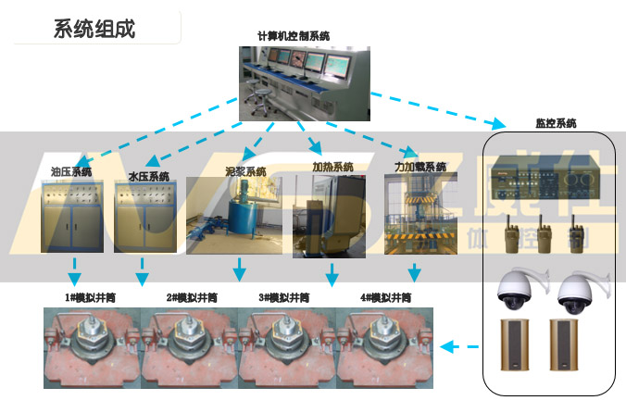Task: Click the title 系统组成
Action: [x=94, y=28]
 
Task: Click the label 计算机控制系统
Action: [x=294, y=36]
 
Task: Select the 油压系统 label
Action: [x=71, y=171]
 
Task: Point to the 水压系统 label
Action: [x=149, y=176]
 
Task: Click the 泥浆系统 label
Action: [x=245, y=171]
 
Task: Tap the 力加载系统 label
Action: [x=419, y=168]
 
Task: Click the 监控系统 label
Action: [x=556, y=123]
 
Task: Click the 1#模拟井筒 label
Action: [x=89, y=297]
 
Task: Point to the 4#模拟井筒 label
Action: [x=385, y=297]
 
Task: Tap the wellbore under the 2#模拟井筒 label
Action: [x=192, y=348]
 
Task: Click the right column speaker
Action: [x=560, y=345]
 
